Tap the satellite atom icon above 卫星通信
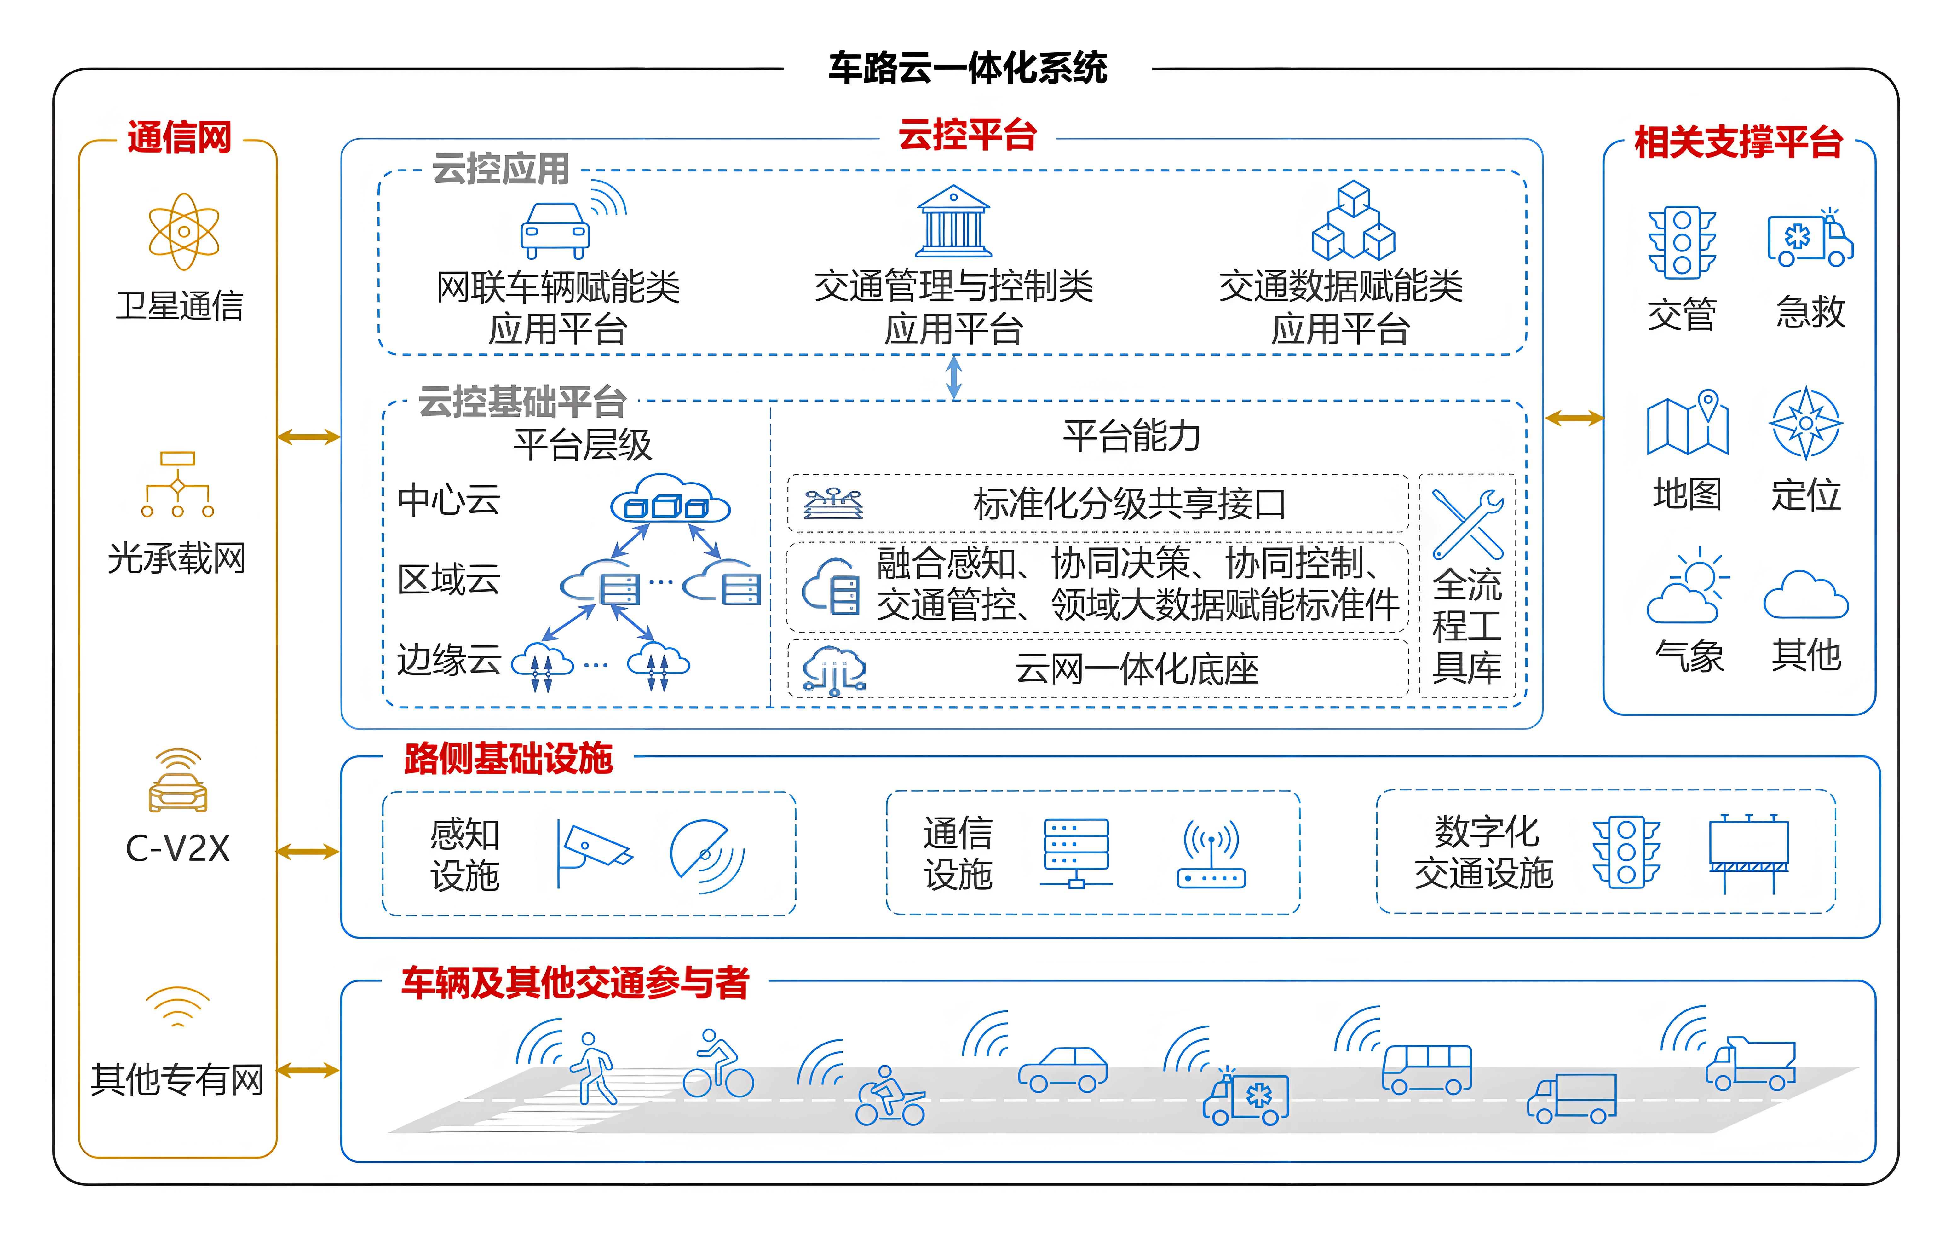click(x=184, y=232)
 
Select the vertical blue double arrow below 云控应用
click(x=954, y=378)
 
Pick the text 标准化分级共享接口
click(x=1130, y=504)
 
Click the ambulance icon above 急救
click(x=1809, y=239)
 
